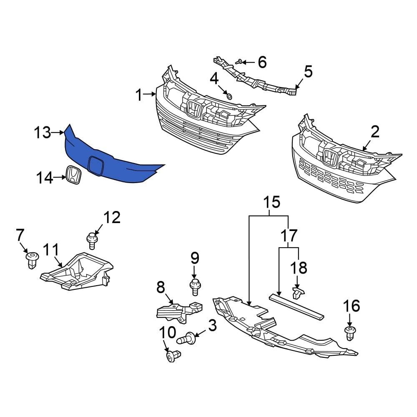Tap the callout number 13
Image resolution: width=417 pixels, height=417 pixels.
pyautogui.click(x=42, y=133)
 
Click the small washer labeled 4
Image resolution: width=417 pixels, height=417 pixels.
pyautogui.click(x=229, y=97)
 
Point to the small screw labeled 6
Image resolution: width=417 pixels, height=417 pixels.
pyautogui.click(x=239, y=62)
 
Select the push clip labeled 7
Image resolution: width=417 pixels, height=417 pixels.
pyautogui.click(x=31, y=260)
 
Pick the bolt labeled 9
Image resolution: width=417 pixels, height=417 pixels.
pyautogui.click(x=194, y=287)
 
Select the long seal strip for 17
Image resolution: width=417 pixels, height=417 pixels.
pyautogui.click(x=296, y=306)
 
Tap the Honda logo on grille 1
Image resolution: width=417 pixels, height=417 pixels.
pyautogui.click(x=194, y=109)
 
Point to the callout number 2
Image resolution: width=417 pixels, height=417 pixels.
pyautogui.click(x=375, y=133)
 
